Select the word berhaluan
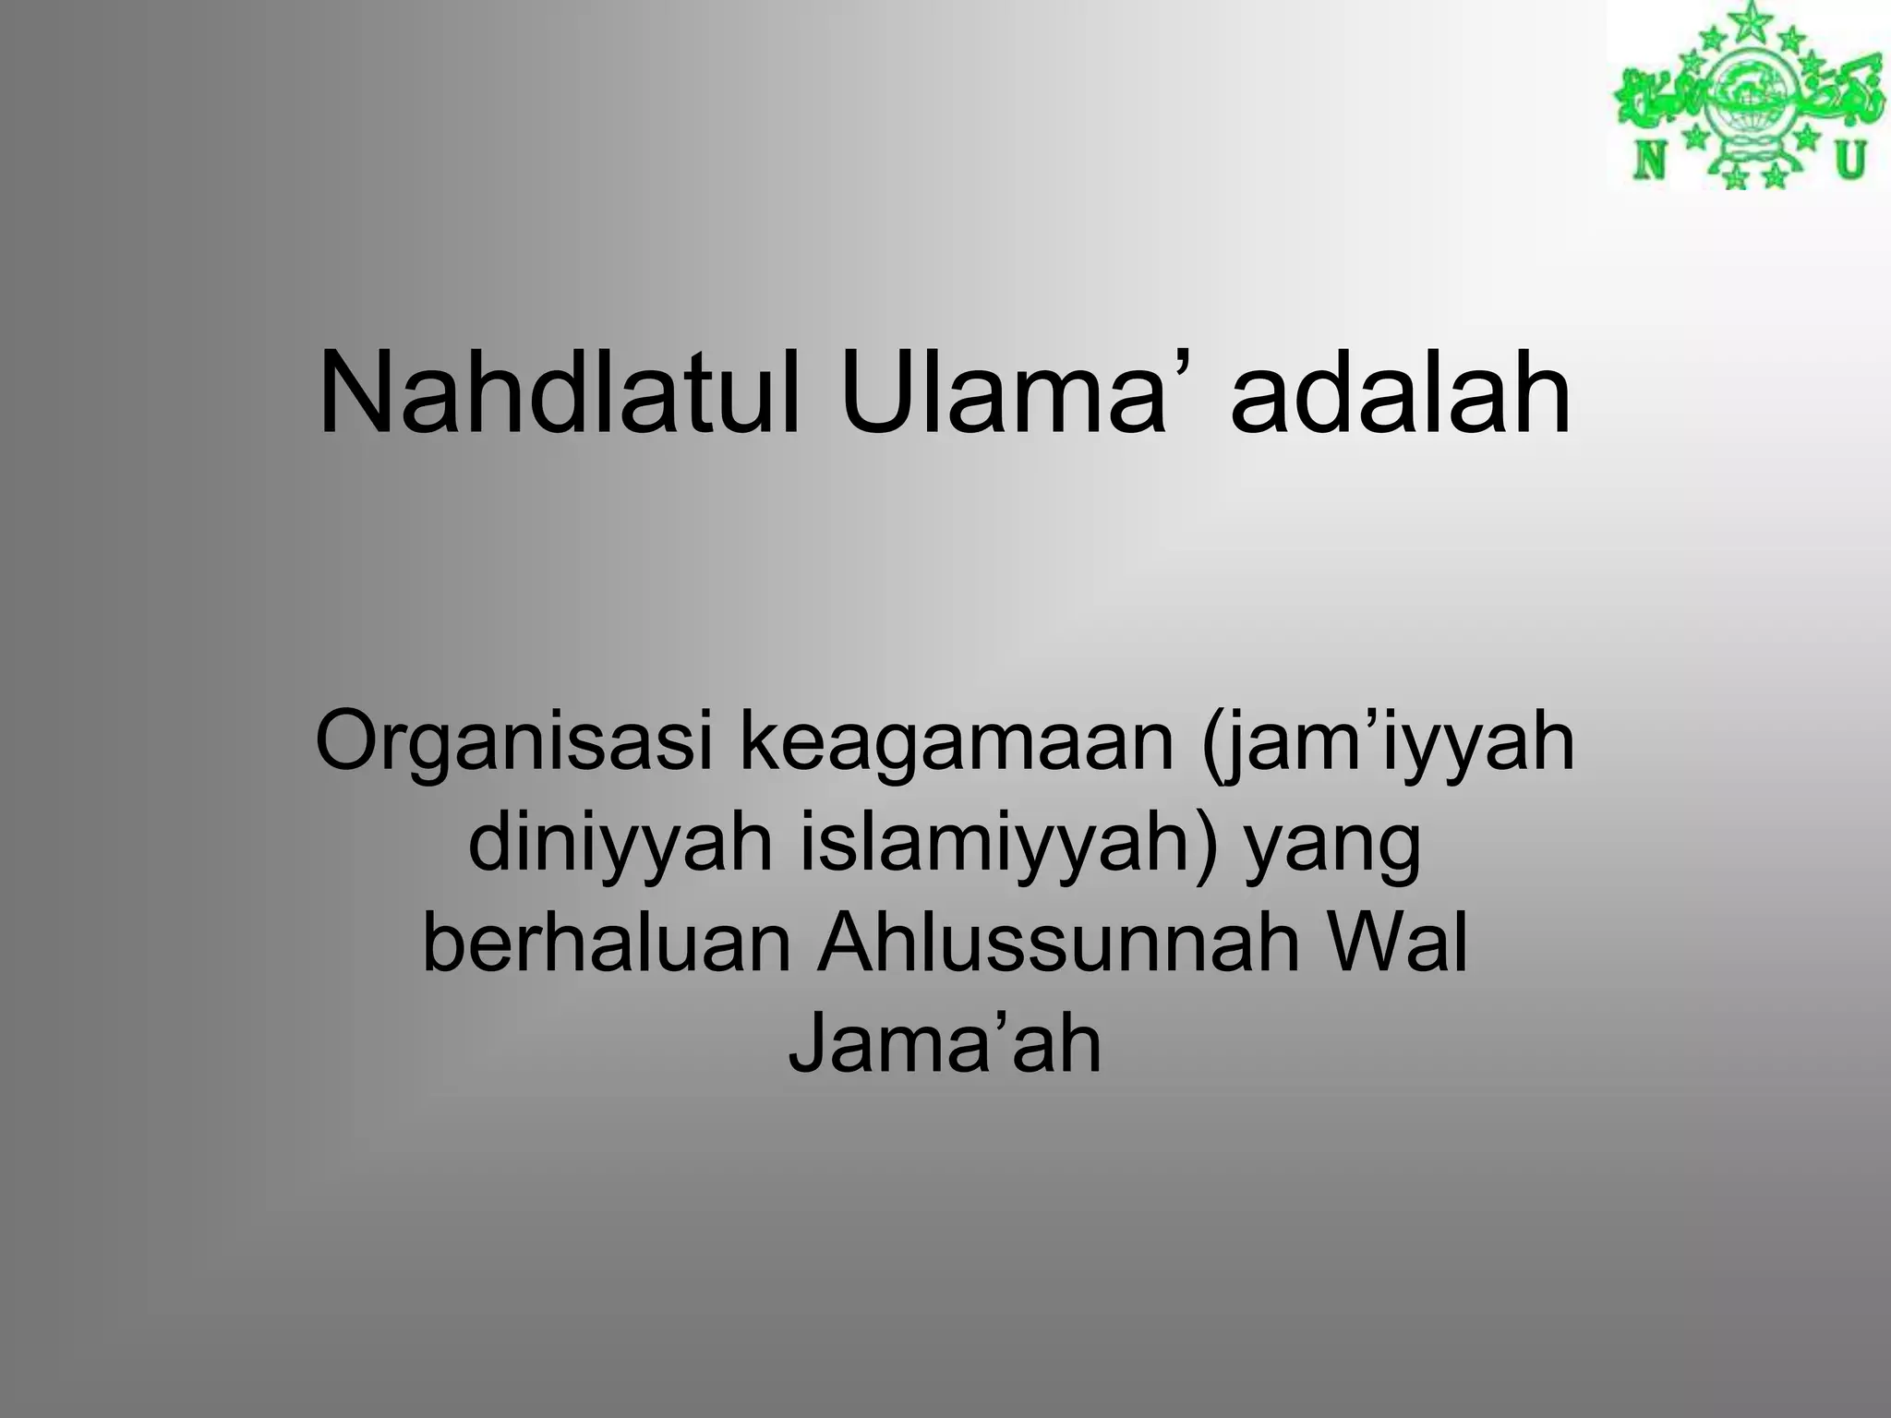coord(607,943)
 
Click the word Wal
coord(1403,943)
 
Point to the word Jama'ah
coord(945,1043)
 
